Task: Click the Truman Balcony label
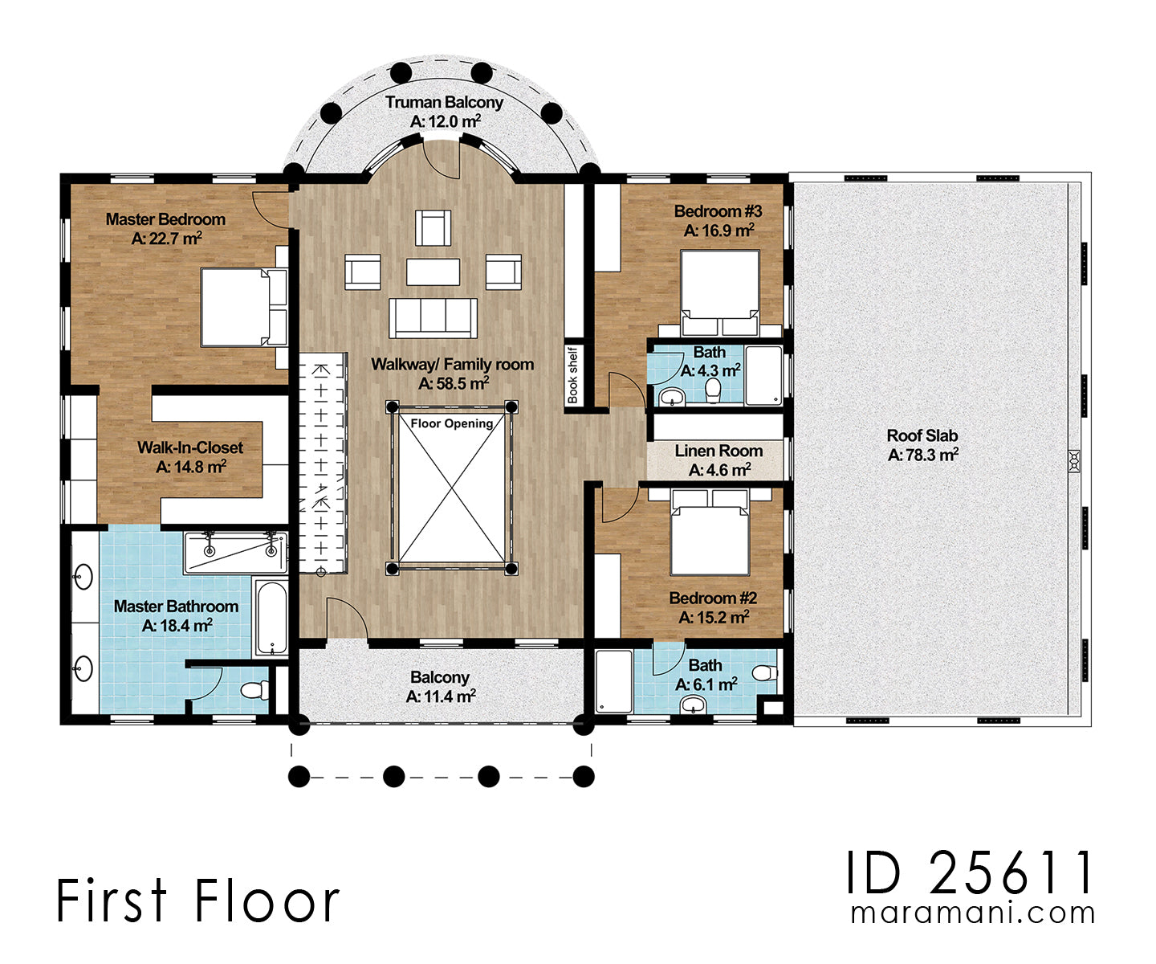tap(445, 103)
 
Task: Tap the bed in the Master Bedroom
tap(244, 308)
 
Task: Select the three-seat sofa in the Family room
tap(433, 318)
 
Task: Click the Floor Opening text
tap(452, 424)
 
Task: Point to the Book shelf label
tap(572, 375)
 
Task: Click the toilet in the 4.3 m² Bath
tap(713, 390)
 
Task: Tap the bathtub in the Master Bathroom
tap(272, 618)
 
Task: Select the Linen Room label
tap(718, 451)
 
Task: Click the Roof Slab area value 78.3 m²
tap(923, 455)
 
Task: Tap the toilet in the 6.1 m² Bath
tap(766, 673)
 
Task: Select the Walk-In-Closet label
tap(190, 447)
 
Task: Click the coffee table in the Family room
tap(433, 272)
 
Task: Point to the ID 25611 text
tap(970, 872)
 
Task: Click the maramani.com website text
tap(973, 913)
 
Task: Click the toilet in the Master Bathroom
tap(255, 690)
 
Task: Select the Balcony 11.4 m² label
tap(440, 687)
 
